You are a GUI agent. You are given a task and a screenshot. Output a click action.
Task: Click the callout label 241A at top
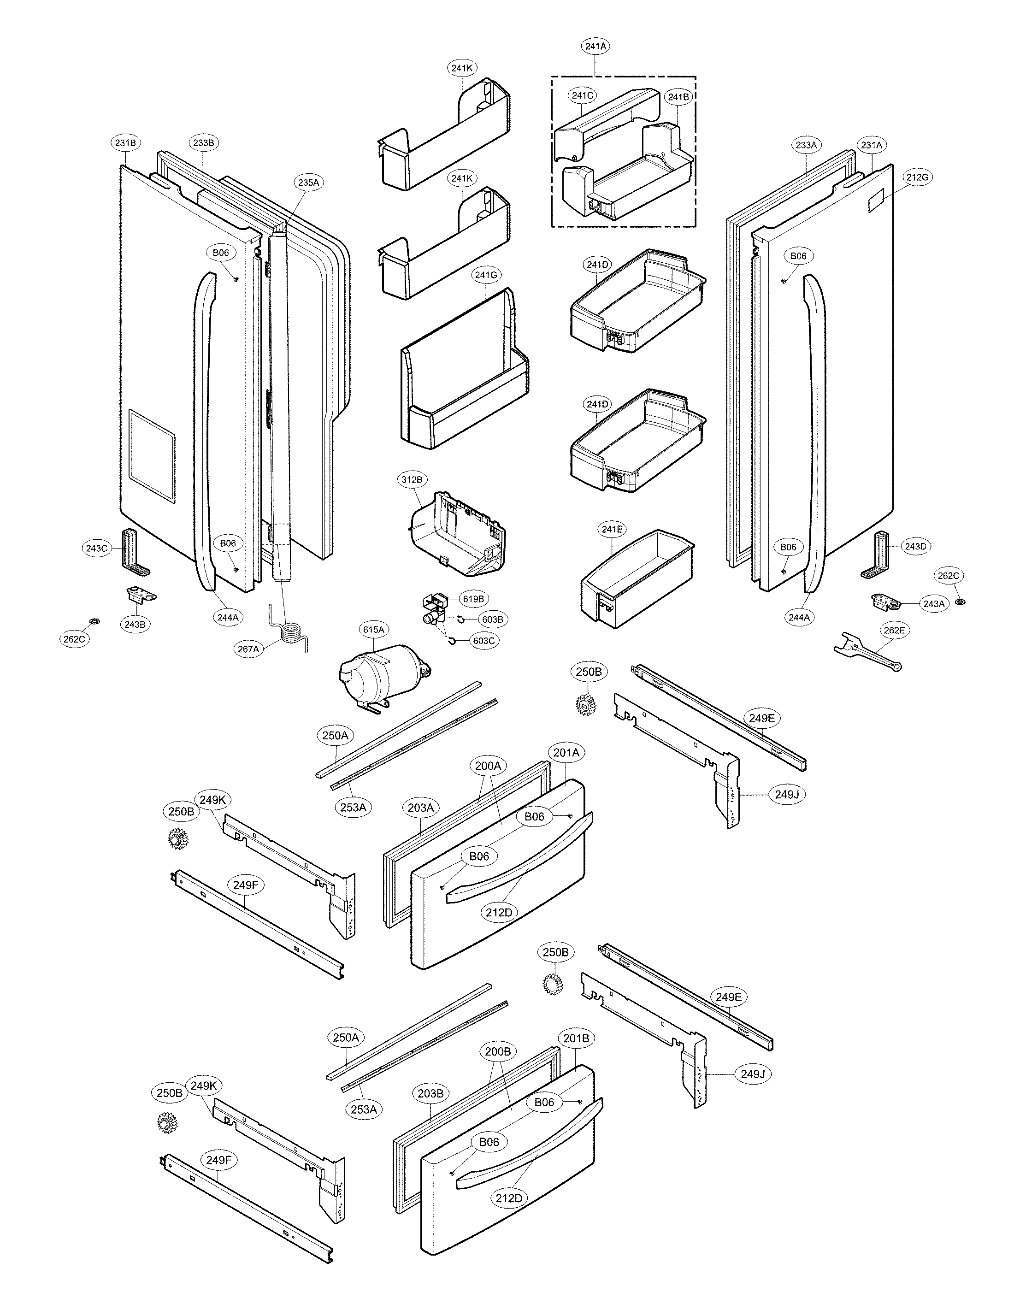pyautogui.click(x=595, y=46)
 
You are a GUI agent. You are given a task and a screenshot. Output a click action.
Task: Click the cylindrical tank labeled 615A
pyautogui.click(x=380, y=672)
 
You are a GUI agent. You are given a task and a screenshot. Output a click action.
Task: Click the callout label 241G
pyautogui.click(x=486, y=275)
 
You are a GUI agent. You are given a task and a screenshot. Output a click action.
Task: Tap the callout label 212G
pyautogui.click(x=917, y=177)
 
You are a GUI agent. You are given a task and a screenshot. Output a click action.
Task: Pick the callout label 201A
pyautogui.click(x=566, y=752)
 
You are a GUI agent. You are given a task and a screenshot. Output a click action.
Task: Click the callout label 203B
pyautogui.click(x=430, y=1093)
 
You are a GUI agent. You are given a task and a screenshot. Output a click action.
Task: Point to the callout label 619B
pyautogui.click(x=473, y=599)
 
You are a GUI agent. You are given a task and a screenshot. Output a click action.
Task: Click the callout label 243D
pyautogui.click(x=915, y=546)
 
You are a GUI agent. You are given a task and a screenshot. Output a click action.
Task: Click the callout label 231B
pyautogui.click(x=125, y=142)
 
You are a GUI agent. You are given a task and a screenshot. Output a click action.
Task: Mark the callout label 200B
pyautogui.click(x=497, y=1051)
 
